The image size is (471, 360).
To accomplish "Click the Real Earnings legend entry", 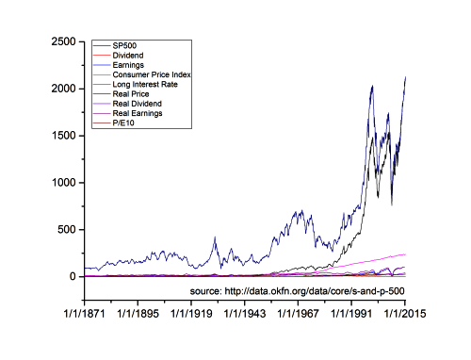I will [x=138, y=112].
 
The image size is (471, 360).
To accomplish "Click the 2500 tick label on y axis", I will [x=64, y=41].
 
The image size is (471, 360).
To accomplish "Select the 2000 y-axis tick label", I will [x=64, y=89].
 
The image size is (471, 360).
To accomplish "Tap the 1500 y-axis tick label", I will [x=64, y=136].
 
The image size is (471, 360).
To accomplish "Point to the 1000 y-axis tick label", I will [x=64, y=183].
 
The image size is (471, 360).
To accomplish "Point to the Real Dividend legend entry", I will [x=137, y=103].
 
